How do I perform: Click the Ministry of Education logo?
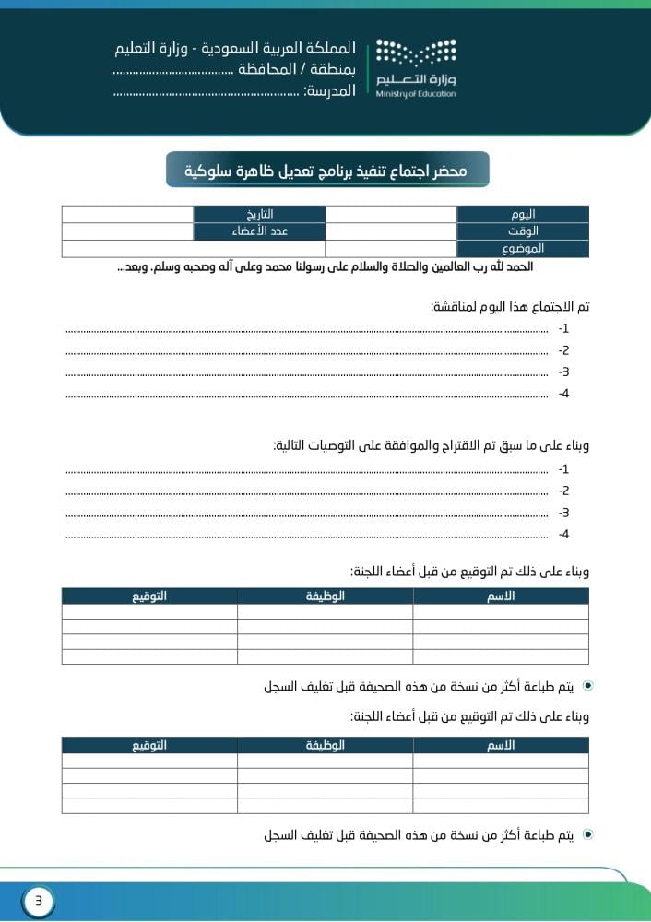416,68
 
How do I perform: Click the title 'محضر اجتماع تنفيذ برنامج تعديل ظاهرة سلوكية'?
327,171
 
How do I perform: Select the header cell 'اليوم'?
523,214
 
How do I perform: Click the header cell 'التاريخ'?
259,214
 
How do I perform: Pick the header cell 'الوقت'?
523,231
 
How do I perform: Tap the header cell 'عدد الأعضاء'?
259,231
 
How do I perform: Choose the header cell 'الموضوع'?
523,249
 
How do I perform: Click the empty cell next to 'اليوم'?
391,214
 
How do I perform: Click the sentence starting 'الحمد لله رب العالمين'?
325,267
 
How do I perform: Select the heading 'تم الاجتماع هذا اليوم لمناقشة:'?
510,306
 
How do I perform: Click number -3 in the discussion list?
564,372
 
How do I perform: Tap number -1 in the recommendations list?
564,469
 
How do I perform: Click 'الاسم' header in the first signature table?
501,597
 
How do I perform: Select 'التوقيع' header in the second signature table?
148,746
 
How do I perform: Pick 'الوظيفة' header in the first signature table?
325,597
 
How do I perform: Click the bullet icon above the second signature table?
588,687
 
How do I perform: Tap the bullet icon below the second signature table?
588,835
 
